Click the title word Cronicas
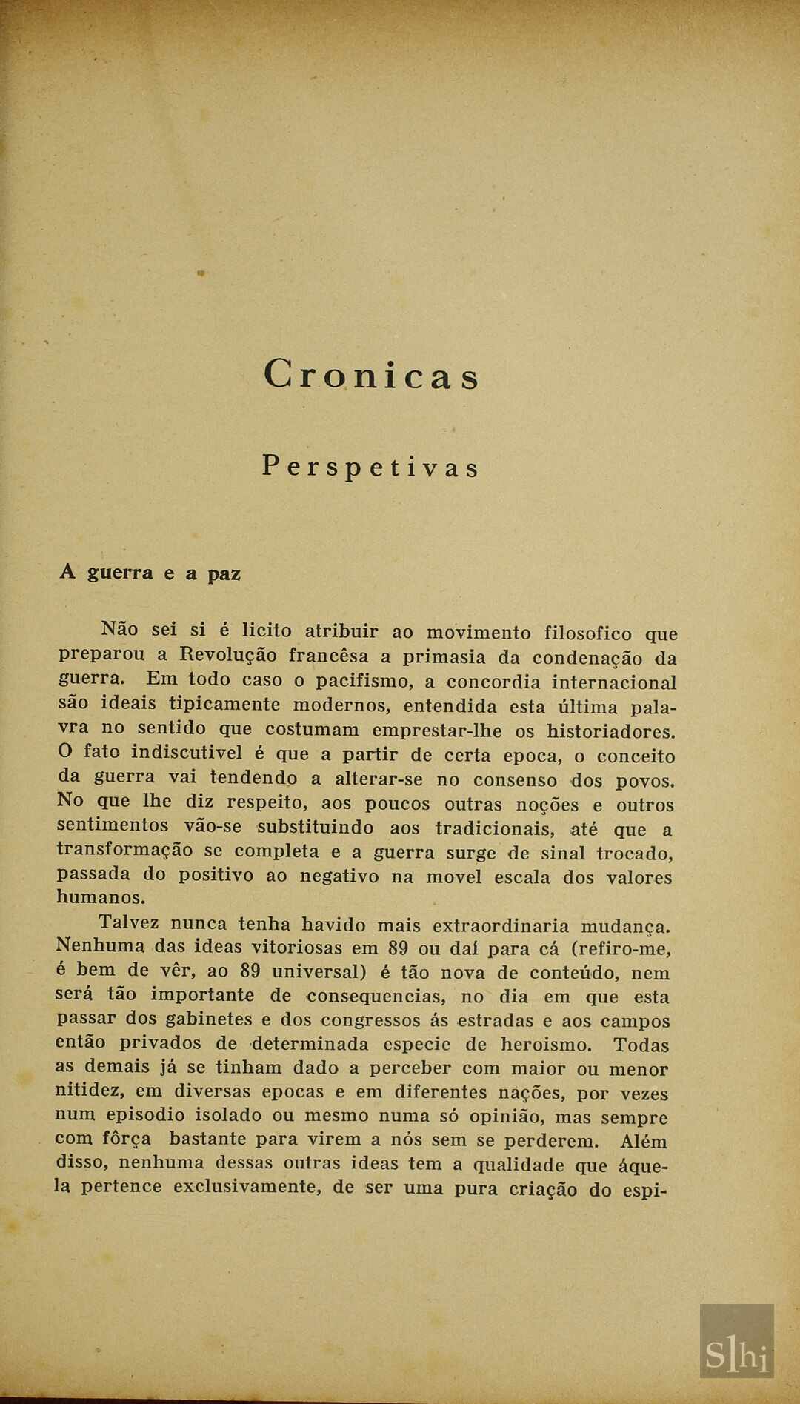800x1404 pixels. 371,375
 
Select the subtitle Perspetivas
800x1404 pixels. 370,467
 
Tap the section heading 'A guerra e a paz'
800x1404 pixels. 150,573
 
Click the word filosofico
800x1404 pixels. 588,633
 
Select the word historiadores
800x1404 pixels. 611,731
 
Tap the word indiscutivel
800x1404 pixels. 187,753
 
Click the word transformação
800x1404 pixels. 125,850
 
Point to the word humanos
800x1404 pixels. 101,897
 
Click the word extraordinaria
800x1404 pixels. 501,925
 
